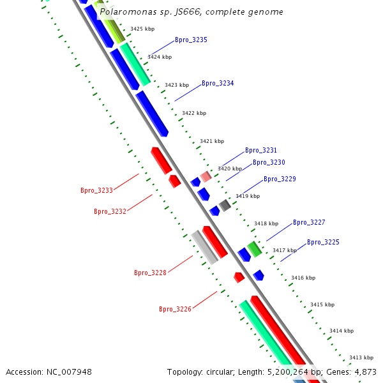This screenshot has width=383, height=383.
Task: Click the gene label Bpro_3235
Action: tap(191, 40)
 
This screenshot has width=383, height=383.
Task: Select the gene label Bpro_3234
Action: tap(218, 84)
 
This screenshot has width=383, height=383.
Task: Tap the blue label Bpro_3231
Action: tap(261, 151)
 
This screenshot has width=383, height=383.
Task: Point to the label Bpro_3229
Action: tap(280, 179)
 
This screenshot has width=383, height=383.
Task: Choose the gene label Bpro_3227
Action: tap(309, 223)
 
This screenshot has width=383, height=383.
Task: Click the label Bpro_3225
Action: tap(323, 243)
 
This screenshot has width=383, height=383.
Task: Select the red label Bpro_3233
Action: tap(96, 190)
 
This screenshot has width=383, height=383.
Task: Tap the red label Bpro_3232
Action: tap(110, 211)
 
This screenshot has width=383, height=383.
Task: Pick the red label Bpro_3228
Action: tap(150, 273)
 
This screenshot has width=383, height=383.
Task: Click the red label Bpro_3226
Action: tap(175, 309)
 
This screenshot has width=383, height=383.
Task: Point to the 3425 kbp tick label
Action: tap(142, 29)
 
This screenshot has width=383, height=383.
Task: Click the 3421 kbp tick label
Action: tap(212, 141)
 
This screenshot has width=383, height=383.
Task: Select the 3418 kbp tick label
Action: tap(266, 224)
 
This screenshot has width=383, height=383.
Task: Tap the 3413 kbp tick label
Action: tap(361, 357)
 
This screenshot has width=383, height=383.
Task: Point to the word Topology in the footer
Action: tap(185, 372)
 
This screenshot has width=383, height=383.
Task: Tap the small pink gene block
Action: tap(206, 176)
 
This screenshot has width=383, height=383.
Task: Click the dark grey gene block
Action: tap(225, 205)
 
